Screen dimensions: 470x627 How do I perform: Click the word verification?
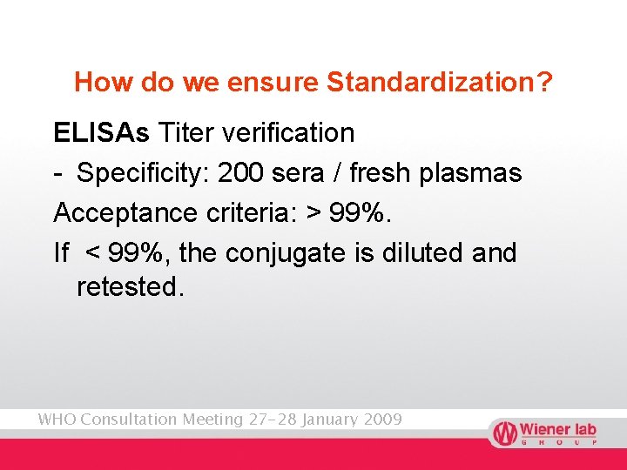click(289, 132)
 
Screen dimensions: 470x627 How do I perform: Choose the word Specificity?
click(143, 173)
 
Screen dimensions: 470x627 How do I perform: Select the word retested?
click(131, 286)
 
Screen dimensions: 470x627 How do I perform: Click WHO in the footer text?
click(56, 420)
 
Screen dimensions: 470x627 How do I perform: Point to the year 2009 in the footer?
click(381, 420)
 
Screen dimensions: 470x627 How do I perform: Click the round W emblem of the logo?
click(503, 433)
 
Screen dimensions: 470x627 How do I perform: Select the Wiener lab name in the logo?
click(557, 430)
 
